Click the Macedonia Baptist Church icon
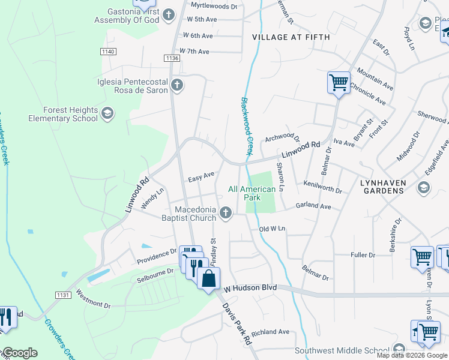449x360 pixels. (x=226, y=213)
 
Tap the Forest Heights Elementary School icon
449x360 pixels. (x=107, y=114)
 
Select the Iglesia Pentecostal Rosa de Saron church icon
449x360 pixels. (x=176, y=85)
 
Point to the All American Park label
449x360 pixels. (x=252, y=193)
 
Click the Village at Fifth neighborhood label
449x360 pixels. (x=291, y=37)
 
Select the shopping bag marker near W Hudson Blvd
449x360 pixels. (x=208, y=279)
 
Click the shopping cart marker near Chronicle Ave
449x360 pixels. (x=339, y=82)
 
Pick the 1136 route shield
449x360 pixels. (x=172, y=58)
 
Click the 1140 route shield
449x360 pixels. (x=108, y=52)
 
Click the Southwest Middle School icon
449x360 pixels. (x=399, y=350)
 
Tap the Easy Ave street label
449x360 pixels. (x=201, y=177)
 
